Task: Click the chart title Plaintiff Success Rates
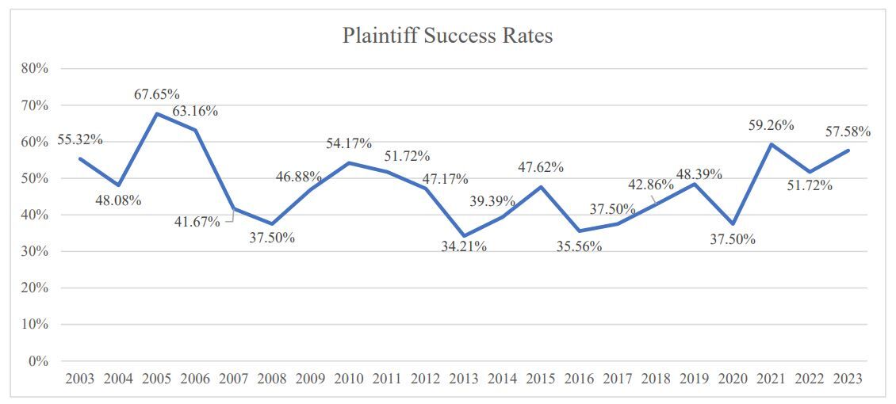[447, 36]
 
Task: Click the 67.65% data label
[156, 94]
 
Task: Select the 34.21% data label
[463, 246]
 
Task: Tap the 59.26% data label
[771, 124]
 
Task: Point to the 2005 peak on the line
[157, 113]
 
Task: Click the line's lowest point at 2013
[464, 236]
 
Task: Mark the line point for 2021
[772, 144]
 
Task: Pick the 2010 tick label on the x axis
[349, 379]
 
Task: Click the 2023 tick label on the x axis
[848, 379]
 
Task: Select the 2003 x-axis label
[80, 379]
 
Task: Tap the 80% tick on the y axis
[35, 69]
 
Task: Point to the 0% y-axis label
[38, 361]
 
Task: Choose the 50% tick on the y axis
[35, 178]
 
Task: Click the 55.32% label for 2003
[80, 140]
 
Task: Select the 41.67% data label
[197, 222]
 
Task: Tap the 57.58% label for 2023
[847, 131]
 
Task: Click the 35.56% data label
[579, 246]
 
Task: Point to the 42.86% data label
[649, 185]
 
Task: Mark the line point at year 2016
[580, 231]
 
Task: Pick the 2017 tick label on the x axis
[618, 379]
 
